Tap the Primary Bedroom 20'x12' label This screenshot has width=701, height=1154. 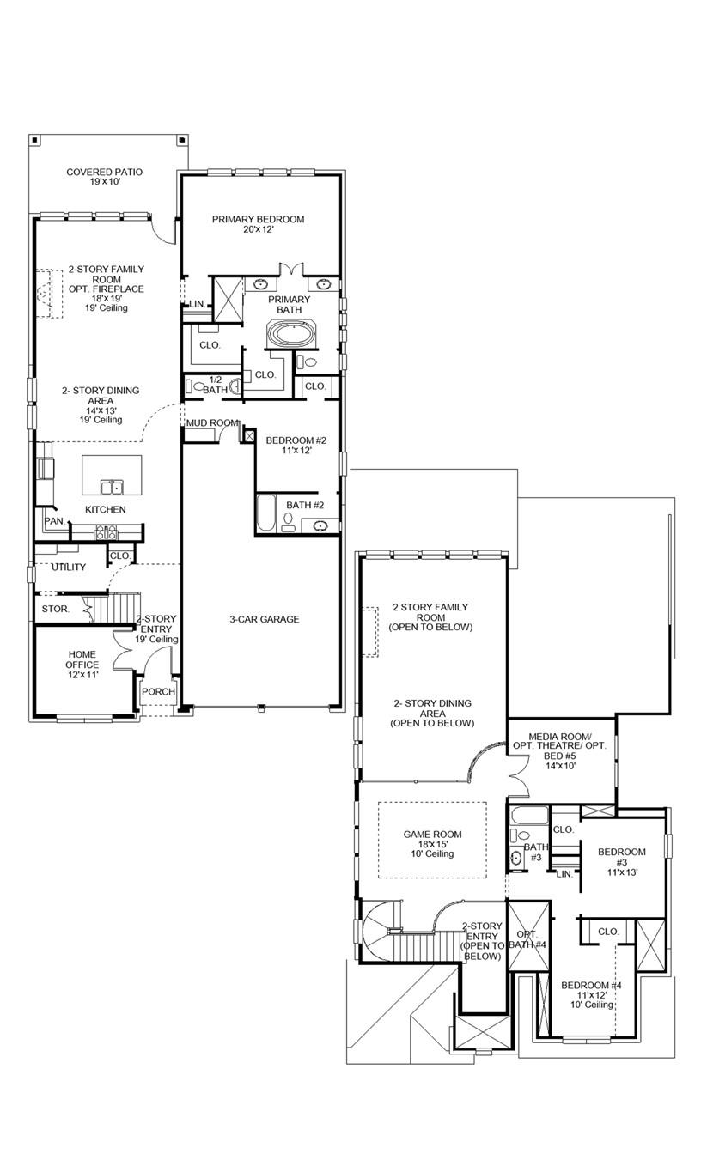258,225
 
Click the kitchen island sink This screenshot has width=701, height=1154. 111,487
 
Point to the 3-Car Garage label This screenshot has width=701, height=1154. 264,619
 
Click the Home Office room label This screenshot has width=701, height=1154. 82,665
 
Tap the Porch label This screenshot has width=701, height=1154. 158,692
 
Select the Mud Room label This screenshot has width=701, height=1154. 212,423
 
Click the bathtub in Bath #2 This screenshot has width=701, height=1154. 265,513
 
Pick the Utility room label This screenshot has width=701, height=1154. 69,567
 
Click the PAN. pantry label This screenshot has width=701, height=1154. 53,521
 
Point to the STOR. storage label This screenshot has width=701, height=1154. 56,609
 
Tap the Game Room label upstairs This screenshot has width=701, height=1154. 432,843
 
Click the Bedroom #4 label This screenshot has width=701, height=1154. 591,994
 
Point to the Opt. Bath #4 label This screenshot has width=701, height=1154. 525,938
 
